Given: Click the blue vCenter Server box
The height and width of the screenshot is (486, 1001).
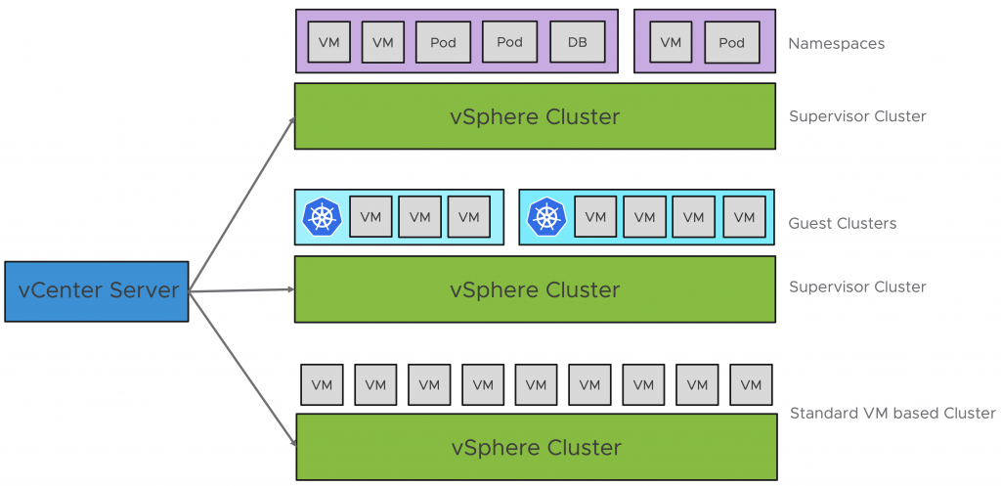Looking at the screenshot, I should click(x=96, y=290).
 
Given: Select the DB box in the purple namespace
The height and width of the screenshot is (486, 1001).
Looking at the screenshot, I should click(x=577, y=42).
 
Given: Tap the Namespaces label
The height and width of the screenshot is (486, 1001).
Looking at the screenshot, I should click(x=836, y=43).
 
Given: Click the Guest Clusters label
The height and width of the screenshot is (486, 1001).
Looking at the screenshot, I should click(x=842, y=223).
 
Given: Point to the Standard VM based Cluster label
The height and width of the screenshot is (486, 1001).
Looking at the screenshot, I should click(x=892, y=413).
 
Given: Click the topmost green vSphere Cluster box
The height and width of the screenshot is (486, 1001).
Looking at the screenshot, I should click(x=535, y=116).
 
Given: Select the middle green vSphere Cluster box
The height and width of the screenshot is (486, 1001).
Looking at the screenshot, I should click(x=535, y=289).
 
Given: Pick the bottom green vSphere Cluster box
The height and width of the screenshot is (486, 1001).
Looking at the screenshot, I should click(x=536, y=447).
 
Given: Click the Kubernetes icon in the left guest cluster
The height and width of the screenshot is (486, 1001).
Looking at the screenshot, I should click(x=322, y=217).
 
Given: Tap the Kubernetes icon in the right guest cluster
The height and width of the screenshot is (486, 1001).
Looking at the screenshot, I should click(x=546, y=217).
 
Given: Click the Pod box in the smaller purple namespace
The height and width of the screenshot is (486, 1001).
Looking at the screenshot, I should click(x=731, y=42).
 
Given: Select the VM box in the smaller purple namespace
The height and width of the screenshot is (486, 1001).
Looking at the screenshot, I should click(x=670, y=42).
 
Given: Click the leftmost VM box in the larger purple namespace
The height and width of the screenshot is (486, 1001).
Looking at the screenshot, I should click(x=329, y=42).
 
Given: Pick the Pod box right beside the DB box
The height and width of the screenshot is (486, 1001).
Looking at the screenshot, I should click(x=509, y=42).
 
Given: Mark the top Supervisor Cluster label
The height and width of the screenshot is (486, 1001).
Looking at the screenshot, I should click(x=857, y=116).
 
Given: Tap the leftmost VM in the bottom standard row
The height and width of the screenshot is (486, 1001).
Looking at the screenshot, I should click(x=322, y=384).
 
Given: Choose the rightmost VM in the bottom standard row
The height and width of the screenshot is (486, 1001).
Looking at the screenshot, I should click(x=750, y=384).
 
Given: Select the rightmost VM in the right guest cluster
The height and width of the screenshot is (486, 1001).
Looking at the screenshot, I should click(x=744, y=217).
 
